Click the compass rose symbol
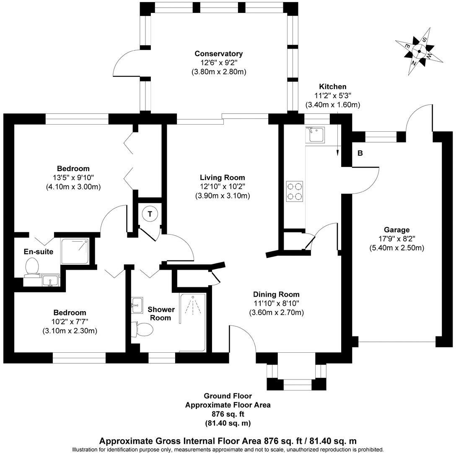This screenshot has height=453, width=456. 420,52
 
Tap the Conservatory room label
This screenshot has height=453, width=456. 218,54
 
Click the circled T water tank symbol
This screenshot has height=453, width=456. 150,214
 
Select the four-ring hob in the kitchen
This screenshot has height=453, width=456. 294,191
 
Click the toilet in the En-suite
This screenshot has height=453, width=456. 32,267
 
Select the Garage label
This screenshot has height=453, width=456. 396,230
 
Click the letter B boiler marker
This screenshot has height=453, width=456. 360,154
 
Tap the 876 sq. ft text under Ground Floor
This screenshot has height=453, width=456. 228,414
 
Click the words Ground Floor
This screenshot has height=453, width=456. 228,396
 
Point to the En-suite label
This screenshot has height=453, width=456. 38,252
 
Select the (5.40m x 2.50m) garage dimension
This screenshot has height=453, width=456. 396,248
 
